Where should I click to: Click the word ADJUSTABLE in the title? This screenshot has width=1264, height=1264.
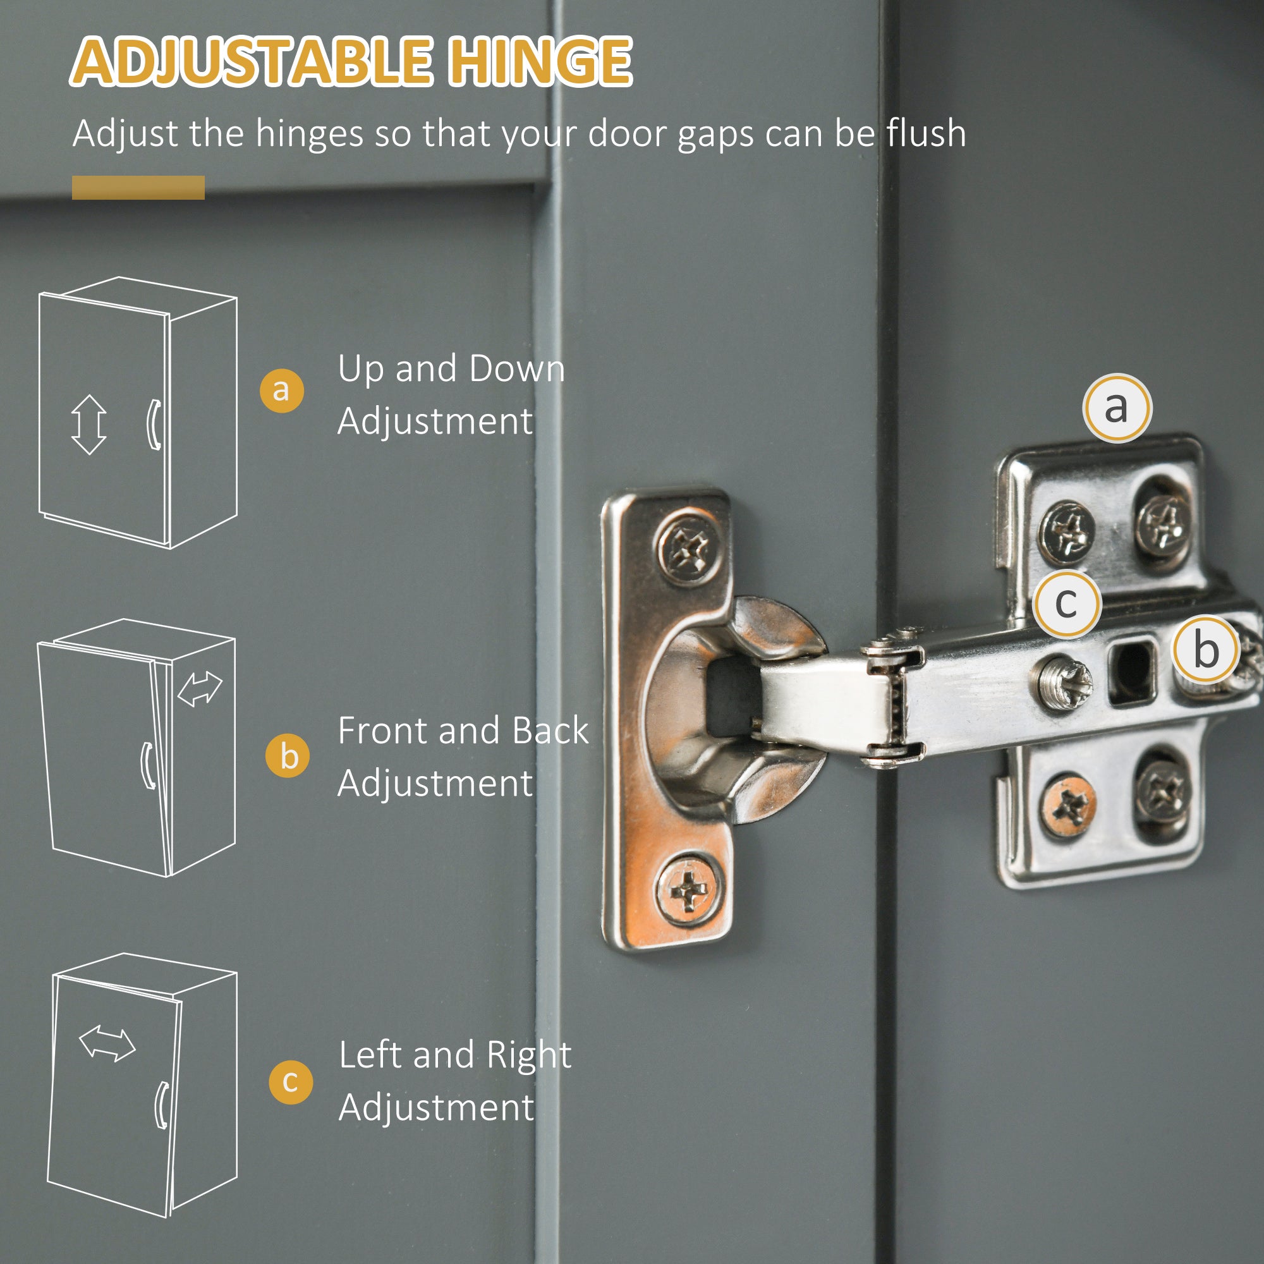coord(252,61)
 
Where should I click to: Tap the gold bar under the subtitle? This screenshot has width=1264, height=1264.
coord(138,187)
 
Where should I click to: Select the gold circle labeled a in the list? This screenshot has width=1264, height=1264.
coord(281,391)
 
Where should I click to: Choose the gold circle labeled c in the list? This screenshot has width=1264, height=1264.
coord(291,1082)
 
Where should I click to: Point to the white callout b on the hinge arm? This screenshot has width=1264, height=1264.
coord(1205,650)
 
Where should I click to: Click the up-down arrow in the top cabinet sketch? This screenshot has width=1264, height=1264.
coord(89,425)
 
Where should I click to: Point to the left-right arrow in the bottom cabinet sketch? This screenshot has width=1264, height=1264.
coord(107,1043)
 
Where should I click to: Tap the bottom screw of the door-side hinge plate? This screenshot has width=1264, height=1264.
coord(689,889)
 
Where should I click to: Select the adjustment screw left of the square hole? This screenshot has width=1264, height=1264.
coord(1062,683)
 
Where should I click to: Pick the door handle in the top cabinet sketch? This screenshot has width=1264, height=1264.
coord(153,425)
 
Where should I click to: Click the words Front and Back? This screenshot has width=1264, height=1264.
coord(463,730)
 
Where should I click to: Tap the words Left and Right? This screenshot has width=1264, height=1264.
coord(455,1056)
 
